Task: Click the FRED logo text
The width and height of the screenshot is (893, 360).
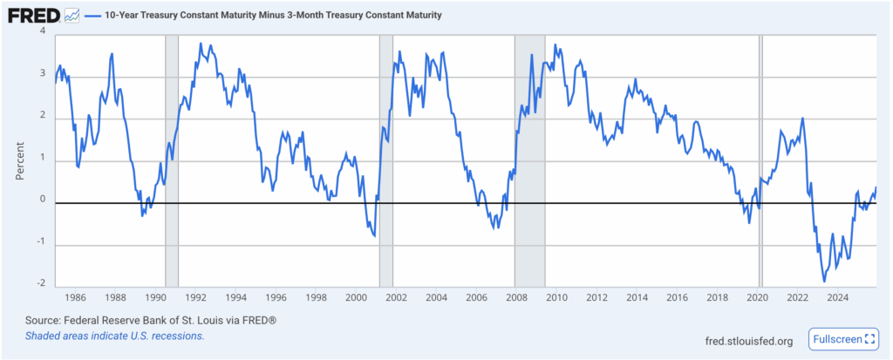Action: [33, 16]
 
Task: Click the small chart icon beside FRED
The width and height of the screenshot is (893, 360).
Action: [72, 16]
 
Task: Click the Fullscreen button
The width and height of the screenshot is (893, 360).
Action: [844, 339]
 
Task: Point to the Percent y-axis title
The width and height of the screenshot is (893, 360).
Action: [20, 160]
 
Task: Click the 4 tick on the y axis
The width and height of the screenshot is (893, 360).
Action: [43, 33]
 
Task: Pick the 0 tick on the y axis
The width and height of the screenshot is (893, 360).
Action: [43, 200]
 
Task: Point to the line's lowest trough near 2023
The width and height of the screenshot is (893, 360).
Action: [824, 281]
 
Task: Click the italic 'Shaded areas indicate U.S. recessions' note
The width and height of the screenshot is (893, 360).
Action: [114, 336]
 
